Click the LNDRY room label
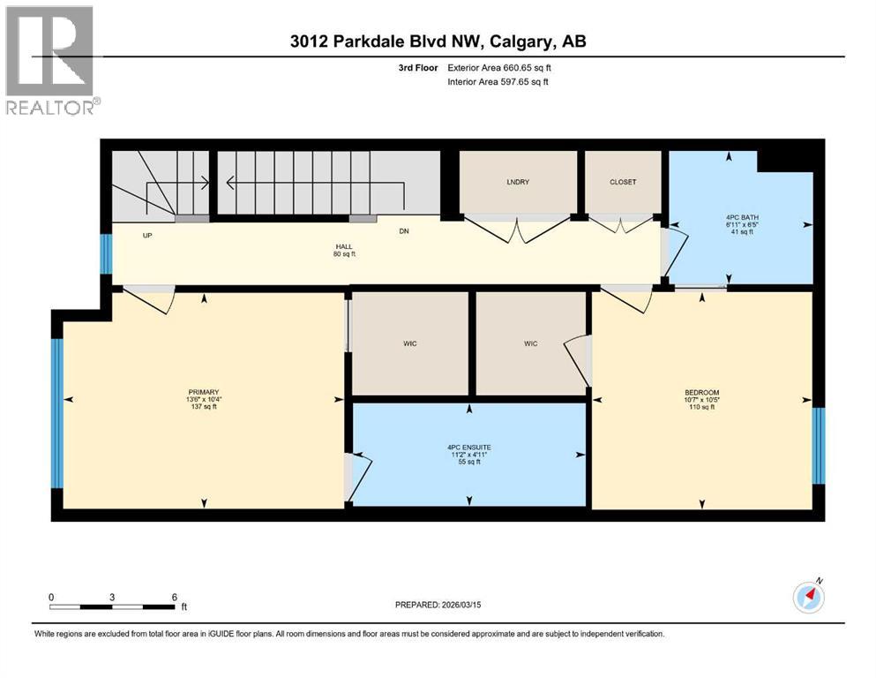517,182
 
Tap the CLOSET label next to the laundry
623,182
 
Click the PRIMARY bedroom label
203,392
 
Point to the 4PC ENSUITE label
468,448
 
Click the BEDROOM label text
702,392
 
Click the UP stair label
148,236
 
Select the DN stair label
404,231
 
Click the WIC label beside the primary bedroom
409,343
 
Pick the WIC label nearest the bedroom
530,343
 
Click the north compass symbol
808,598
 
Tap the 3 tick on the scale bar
112,597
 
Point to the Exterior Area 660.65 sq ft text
503,68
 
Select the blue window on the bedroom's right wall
818,446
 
